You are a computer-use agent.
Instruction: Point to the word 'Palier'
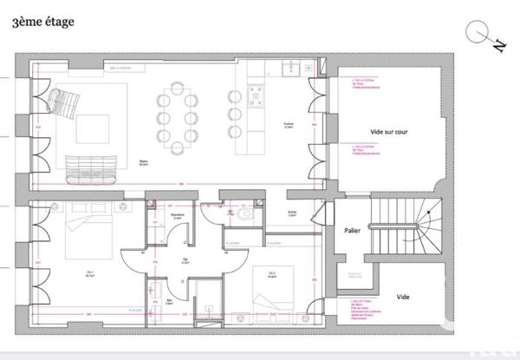tap(352, 231)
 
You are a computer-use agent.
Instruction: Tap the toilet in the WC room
tap(246, 213)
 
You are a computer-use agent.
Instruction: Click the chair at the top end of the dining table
tap(178, 87)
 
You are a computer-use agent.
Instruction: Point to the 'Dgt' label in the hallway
tap(185, 261)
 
